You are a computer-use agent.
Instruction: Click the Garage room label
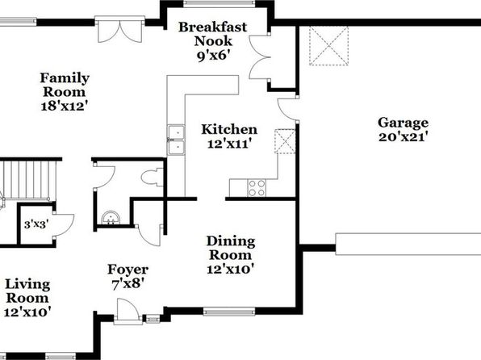pos(403,123)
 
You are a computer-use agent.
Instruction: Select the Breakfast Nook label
pos(213,34)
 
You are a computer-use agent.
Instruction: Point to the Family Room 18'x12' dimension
pos(65,107)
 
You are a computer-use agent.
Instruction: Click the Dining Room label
pos(230,248)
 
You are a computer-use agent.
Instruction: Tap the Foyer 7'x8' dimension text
pos(128,284)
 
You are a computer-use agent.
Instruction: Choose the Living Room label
pos(27,291)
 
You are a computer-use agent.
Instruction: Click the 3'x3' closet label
pos(36,224)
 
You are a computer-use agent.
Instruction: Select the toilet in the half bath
pos(153,177)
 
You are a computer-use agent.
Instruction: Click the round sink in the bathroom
pos(111,218)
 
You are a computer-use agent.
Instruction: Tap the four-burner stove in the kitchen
pos(257,188)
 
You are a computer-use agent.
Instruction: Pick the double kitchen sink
pos(176,140)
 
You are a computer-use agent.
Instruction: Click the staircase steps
pos(30,180)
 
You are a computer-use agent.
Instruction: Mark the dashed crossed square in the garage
pos(328,46)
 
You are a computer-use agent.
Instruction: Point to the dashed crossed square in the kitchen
pos(285,141)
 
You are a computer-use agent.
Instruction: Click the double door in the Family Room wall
pos(120,29)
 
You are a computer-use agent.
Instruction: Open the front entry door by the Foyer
pos(128,312)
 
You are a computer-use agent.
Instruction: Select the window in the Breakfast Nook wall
pos(219,4)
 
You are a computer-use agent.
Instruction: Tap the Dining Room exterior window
pos(229,312)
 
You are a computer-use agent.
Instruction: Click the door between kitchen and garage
pos(288,108)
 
